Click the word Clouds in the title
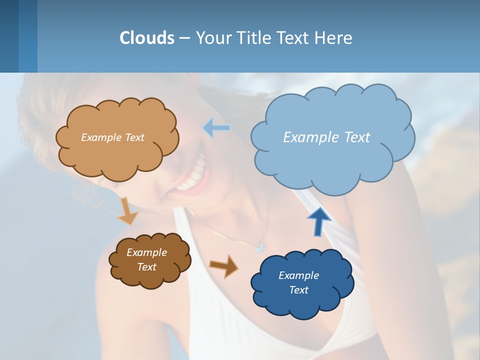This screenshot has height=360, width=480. [x=147, y=38]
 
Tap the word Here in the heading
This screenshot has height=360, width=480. [x=334, y=38]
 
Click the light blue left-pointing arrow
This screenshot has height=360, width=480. [x=216, y=128]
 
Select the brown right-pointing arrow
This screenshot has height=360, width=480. [x=223, y=266]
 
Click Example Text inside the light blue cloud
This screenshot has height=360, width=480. [x=326, y=137]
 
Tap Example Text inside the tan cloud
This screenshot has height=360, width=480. [x=112, y=137]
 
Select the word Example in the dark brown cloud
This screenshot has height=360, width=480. [x=146, y=252]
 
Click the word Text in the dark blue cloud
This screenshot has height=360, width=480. [x=298, y=290]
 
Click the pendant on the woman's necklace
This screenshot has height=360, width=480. [x=259, y=246]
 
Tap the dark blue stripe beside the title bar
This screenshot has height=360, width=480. [x=9, y=36]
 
